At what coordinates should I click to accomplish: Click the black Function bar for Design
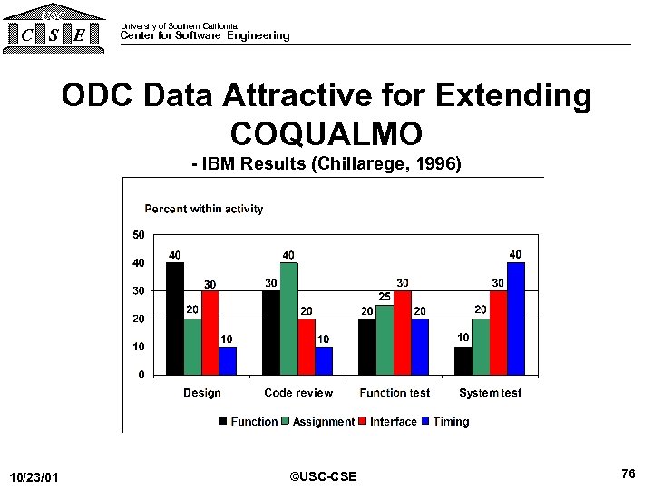point(175,318)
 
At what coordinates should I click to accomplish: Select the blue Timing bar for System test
point(516,318)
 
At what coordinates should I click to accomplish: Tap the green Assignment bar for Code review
point(289,318)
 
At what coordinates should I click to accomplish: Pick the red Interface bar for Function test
point(403,332)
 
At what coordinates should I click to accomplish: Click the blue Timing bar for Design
point(228,360)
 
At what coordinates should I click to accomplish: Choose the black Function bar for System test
point(463,360)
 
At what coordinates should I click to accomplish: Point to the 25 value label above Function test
point(385,297)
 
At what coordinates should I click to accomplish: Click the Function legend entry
point(248,422)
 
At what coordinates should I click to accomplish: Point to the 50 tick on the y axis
point(138,235)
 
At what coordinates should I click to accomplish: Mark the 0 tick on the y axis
point(141,374)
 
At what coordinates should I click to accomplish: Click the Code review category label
point(298,393)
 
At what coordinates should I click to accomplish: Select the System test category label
point(490,393)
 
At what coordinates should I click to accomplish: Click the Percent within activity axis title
point(204,209)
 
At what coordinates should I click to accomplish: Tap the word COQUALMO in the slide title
point(326,133)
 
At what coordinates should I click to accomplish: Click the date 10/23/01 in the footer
point(34,477)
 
